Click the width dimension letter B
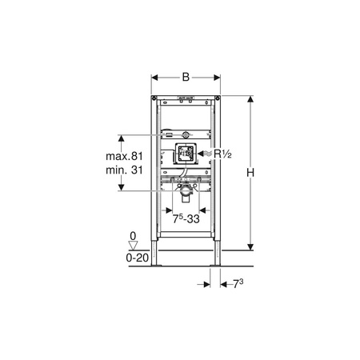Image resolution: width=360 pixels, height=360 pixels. tap(186, 78)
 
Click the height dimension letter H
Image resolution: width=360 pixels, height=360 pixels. tap(250, 173)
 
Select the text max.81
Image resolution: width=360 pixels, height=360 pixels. tap(124, 156)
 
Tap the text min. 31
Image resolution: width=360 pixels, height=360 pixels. tap(124, 170)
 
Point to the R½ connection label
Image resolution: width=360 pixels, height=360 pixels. tap(222, 154)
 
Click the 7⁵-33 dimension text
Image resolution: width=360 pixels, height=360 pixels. tap(186, 219)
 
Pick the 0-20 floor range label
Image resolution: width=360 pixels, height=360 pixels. tap(137, 258)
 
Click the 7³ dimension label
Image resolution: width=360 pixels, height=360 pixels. tap(238, 284)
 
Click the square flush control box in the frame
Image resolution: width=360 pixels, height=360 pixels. tap(186, 154)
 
